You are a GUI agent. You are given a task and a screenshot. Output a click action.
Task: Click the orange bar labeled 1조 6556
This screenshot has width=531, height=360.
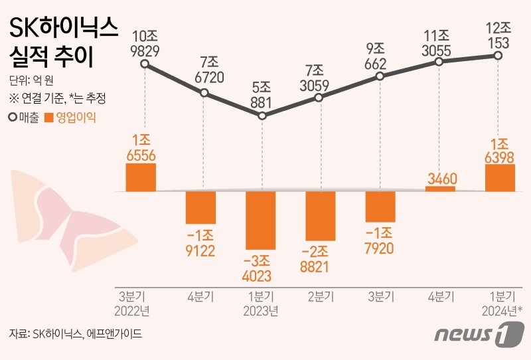coord(141,177)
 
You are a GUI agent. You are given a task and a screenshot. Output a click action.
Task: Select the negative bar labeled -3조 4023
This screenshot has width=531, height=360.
coord(261,220)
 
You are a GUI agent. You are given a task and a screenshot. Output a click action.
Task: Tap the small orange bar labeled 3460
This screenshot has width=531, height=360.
coord(440,189)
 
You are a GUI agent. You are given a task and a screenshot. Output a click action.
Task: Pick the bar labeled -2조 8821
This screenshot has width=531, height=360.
coord(321,216)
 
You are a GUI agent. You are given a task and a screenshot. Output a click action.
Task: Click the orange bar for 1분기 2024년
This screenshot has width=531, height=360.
coord(500,178)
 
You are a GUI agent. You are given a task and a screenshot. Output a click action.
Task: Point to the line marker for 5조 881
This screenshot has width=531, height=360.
coord(262,116)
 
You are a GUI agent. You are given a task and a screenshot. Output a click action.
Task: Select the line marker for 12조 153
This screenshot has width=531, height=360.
coord(498,56)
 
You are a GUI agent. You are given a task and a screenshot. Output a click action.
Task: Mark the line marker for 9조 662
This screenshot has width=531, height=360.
coord(380,76)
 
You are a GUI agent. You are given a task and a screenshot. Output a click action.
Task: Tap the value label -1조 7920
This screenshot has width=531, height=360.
coord(380,241)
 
